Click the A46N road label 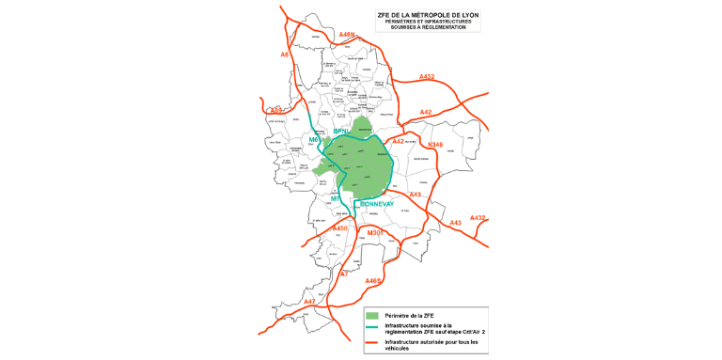(x=347, y=35)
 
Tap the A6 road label (x=285, y=55)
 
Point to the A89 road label (x=275, y=111)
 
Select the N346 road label (x=434, y=145)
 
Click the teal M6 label (x=315, y=139)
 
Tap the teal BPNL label (x=341, y=132)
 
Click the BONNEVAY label (x=380, y=203)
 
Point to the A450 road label (x=339, y=227)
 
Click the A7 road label (x=343, y=274)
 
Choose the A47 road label (x=309, y=301)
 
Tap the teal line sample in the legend (x=372, y=326)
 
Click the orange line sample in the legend (x=372, y=342)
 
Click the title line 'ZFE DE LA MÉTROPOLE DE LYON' (x=427, y=15)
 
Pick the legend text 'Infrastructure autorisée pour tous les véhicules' (x=430, y=345)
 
